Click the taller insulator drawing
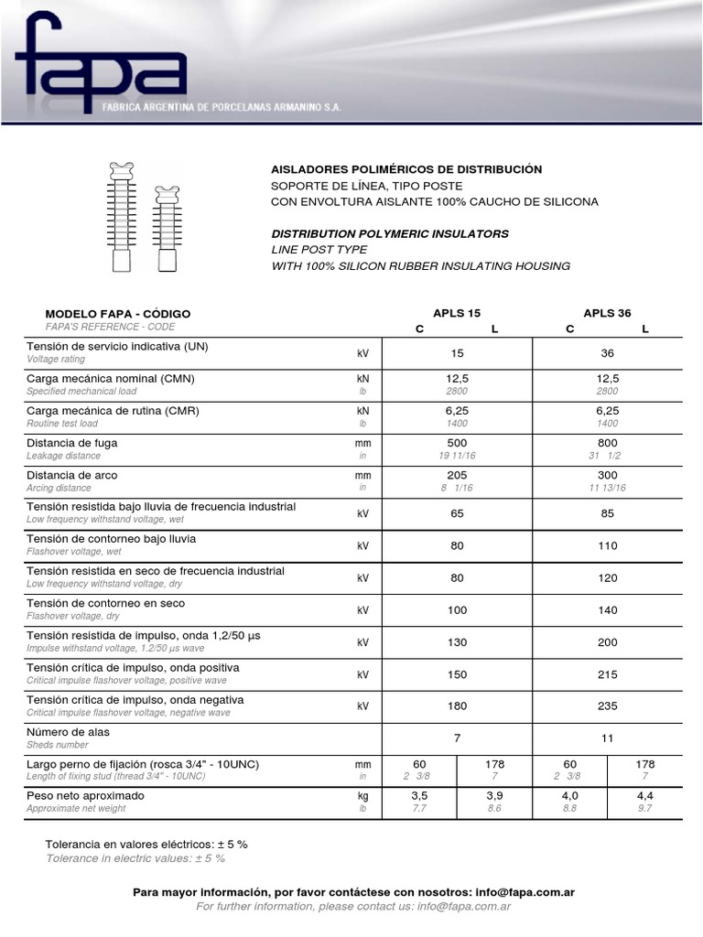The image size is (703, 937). (x=121, y=217)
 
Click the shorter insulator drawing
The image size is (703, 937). (x=166, y=229)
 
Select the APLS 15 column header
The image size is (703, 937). (x=456, y=313)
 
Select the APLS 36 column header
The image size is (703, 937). (x=607, y=313)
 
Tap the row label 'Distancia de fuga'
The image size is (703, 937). (x=72, y=443)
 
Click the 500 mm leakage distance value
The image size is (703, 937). (x=457, y=443)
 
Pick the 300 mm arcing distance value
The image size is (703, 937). (x=607, y=475)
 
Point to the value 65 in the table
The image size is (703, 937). (x=457, y=514)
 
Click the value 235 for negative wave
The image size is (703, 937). (x=607, y=706)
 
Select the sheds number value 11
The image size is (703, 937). (x=607, y=738)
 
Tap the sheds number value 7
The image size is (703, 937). (x=457, y=738)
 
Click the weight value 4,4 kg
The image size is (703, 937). (x=644, y=796)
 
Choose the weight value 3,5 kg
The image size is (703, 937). (x=419, y=796)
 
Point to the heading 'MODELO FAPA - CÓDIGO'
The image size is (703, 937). (x=118, y=314)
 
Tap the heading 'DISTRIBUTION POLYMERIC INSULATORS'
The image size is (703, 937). (x=390, y=233)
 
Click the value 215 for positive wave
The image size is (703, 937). (x=607, y=674)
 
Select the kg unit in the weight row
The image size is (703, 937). (x=362, y=796)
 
